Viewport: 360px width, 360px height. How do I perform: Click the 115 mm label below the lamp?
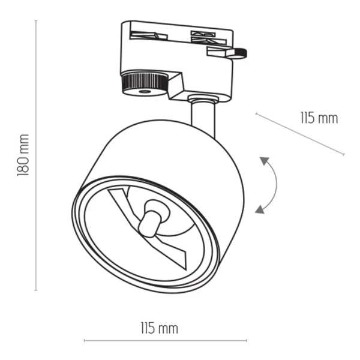coord(159,328)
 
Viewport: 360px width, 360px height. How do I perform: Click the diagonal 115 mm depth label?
coord(319,118)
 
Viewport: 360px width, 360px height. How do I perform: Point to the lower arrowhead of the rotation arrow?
coord(259,209)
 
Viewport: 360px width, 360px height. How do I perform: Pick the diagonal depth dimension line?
coord(300,133)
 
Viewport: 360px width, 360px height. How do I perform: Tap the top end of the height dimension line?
coord(36,21)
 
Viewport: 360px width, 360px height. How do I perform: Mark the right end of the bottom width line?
coord(246,341)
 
